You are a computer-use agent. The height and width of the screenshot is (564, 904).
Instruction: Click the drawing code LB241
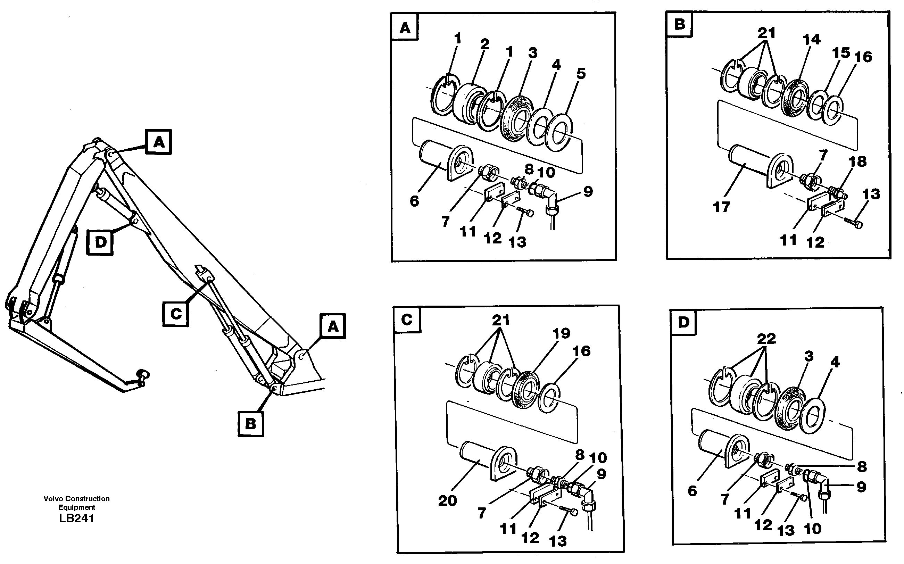click(76, 519)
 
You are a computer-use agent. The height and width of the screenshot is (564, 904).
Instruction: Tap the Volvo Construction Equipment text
click(76, 503)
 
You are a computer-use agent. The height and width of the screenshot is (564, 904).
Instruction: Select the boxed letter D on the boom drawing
click(100, 242)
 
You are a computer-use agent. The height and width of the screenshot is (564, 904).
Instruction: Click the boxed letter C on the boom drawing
click(176, 314)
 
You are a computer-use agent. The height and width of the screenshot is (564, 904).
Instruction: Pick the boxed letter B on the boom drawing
click(251, 423)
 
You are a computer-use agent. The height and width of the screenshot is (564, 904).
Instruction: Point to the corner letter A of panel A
click(405, 28)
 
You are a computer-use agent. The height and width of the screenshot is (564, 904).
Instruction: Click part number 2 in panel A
click(484, 44)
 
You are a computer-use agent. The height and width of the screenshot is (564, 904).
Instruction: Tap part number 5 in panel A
click(581, 74)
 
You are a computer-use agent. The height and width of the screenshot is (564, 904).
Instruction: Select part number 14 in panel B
click(811, 39)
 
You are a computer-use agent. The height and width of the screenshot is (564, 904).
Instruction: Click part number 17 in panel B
click(721, 207)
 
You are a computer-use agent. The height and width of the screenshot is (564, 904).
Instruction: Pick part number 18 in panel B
click(857, 161)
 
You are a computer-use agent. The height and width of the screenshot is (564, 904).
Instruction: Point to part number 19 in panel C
click(561, 333)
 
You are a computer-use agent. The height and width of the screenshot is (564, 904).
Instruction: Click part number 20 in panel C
click(447, 500)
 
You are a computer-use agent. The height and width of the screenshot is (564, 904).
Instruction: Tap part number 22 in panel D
click(766, 339)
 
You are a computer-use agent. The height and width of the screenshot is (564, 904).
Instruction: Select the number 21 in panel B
click(766, 33)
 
